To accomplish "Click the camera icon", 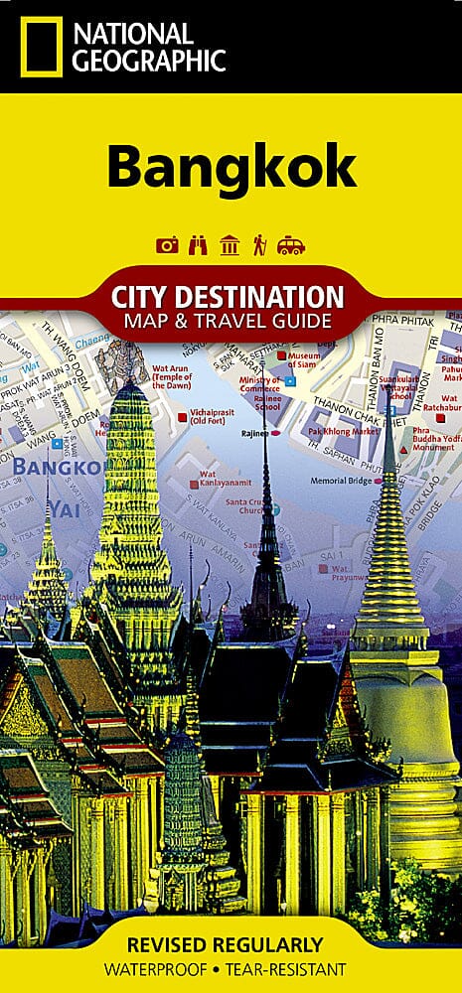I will point(168,245).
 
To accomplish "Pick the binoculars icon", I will point(199,245).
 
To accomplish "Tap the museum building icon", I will point(231,245).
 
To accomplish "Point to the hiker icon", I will point(260,245).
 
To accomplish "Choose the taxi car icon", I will point(291,245).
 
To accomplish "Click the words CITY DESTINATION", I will point(231,296).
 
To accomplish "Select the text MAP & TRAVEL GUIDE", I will point(231,320).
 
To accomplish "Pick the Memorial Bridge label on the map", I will point(340,480).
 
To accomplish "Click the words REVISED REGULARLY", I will point(231,944).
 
